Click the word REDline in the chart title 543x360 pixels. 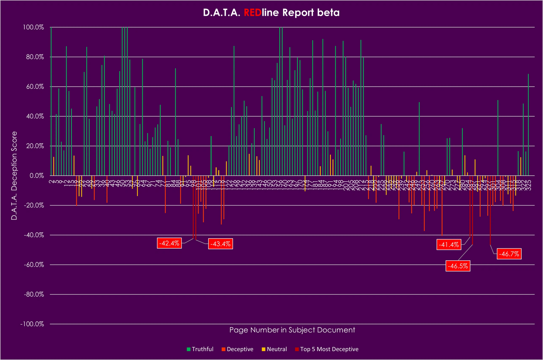tap(260, 13)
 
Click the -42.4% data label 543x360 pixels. tap(169, 243)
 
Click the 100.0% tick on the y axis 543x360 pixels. tap(34, 27)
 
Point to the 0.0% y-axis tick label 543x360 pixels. tap(36, 176)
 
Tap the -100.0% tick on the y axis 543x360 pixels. tap(32, 324)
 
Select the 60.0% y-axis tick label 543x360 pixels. tap(35, 87)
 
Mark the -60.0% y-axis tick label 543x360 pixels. tap(34, 264)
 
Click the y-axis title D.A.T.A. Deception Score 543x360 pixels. tap(14, 176)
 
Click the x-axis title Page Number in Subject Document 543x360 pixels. tap(292, 330)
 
